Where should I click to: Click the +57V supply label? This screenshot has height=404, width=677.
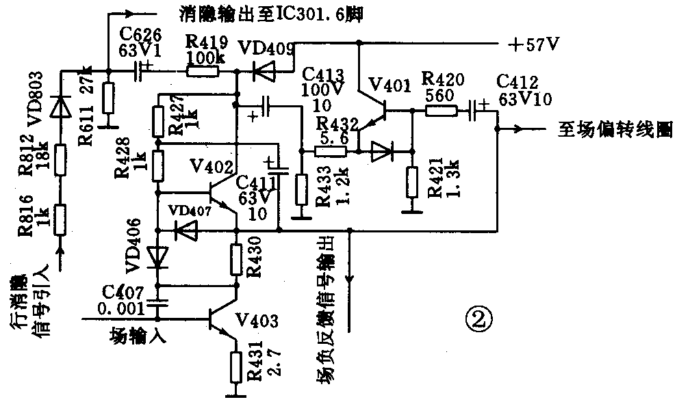535,45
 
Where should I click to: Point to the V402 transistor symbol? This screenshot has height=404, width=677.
223,194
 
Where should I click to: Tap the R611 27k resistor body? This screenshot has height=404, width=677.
107,98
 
